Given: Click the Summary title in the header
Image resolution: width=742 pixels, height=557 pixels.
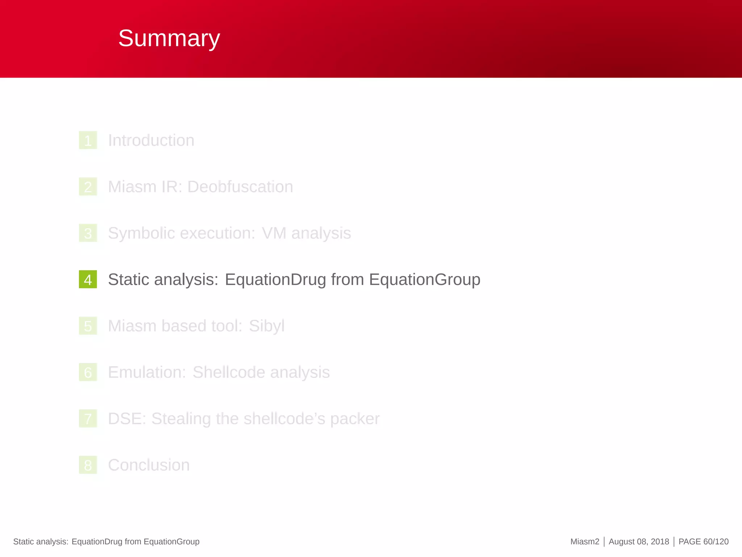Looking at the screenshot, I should tap(169, 38).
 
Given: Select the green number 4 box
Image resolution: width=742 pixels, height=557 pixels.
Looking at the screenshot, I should tap(88, 279).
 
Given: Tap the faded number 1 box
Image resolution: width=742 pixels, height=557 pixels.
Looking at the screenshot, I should tap(88, 140).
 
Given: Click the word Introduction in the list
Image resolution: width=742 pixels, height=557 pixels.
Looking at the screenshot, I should tap(151, 140).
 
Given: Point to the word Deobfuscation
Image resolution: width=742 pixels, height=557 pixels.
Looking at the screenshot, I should tap(240, 187).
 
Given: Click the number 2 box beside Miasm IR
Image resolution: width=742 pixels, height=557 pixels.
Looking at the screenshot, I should tap(88, 187).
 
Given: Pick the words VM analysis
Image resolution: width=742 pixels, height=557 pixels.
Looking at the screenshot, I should tap(306, 233).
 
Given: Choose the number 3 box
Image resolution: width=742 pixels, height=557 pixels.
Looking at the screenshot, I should tap(88, 233).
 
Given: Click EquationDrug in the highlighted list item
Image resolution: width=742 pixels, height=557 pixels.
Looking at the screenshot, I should tap(275, 280).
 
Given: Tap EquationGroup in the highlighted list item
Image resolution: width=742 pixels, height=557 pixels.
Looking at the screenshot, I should tap(425, 280).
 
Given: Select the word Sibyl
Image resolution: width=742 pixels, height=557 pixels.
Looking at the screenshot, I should tap(266, 326).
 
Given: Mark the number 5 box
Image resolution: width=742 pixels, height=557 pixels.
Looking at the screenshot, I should tap(88, 326).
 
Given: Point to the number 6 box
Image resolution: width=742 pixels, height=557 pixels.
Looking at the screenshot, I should tap(88, 372).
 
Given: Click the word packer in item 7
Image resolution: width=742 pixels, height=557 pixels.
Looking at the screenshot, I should tap(355, 419).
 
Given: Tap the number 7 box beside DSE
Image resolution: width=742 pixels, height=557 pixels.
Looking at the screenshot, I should tap(88, 419).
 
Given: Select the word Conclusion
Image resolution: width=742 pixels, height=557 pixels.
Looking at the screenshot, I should tap(149, 465).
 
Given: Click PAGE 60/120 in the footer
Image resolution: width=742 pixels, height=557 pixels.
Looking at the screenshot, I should tap(703, 542).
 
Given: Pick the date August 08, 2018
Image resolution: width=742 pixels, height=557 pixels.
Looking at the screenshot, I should tap(639, 542).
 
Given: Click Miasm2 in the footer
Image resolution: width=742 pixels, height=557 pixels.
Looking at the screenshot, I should tap(584, 542).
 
